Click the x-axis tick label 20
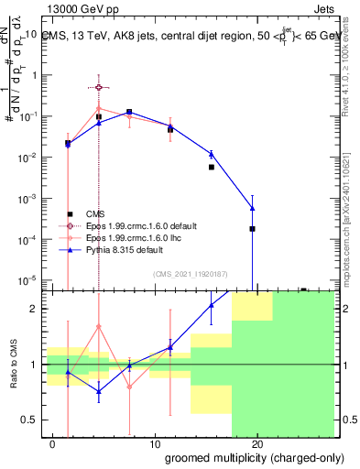pyautogui.click(x=257, y=444)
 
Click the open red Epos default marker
pyautogui.click(x=99, y=87)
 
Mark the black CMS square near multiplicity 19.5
pyautogui.click(x=252, y=228)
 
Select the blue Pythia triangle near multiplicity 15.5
pyautogui.click(x=211, y=154)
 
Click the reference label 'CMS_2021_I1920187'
pyautogui.click(x=189, y=274)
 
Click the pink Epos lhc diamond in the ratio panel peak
pyautogui.click(x=99, y=326)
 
